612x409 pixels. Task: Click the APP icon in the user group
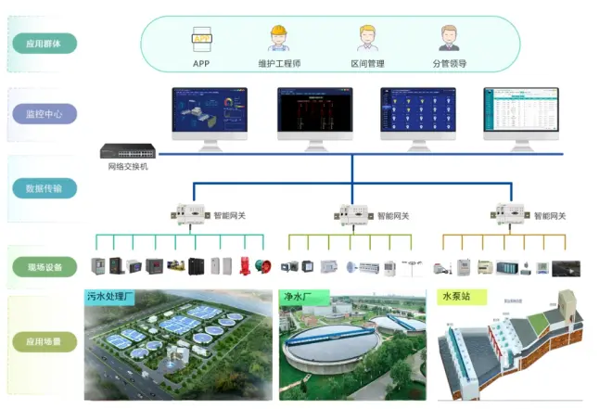click(x=201, y=40)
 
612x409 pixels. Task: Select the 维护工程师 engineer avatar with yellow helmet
click(x=277, y=39)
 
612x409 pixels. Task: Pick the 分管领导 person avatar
click(x=449, y=39)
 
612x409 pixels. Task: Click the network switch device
click(x=128, y=151)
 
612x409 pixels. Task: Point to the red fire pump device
click(x=246, y=266)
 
